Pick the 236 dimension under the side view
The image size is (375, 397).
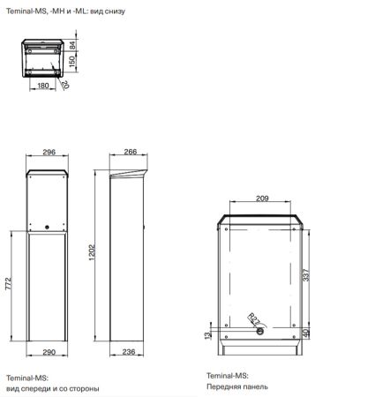point(128,352)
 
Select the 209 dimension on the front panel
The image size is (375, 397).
point(263,199)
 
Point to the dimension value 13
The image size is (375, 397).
point(208,336)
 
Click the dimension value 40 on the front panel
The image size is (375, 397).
point(307,333)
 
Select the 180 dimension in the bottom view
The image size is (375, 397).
point(44,86)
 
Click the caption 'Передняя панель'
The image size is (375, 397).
point(234,386)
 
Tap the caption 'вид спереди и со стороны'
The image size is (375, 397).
point(52,388)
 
